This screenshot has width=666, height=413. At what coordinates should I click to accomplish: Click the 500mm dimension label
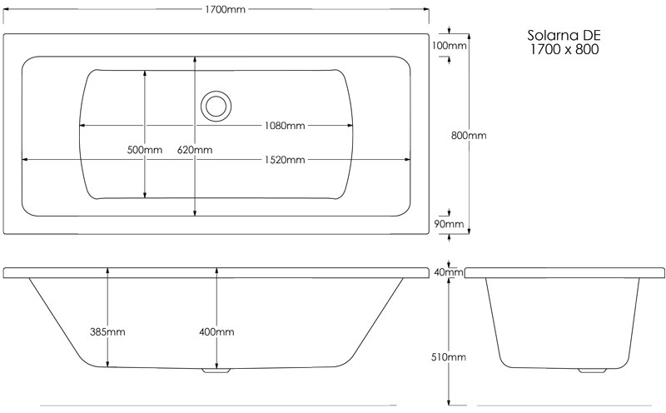pyautogui.click(x=145, y=150)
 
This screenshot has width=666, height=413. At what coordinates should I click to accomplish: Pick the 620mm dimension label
pyautogui.click(x=195, y=150)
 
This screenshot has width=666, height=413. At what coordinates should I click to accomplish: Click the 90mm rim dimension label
pyautogui.click(x=450, y=223)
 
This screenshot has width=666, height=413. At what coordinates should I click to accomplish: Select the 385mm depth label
pyautogui.click(x=107, y=331)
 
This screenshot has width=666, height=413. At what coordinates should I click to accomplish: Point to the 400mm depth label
pyautogui.click(x=216, y=331)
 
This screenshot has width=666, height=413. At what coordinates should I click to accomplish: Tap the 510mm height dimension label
pyautogui.click(x=450, y=356)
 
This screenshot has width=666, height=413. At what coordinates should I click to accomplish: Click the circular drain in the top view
pyautogui.click(x=216, y=106)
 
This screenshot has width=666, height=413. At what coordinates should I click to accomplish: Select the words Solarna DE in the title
pyautogui.click(x=564, y=36)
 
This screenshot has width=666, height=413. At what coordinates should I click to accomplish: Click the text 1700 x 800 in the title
pyautogui.click(x=564, y=50)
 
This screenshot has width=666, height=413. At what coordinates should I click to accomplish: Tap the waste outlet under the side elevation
pyautogui.click(x=216, y=369)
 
